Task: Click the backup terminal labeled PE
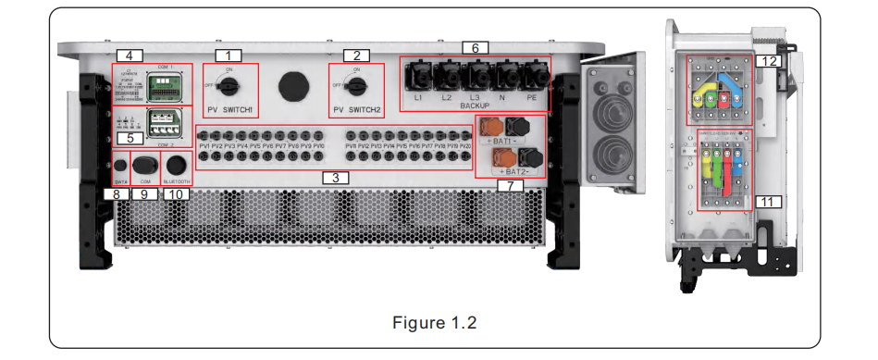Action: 534,77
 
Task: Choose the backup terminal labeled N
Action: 505,77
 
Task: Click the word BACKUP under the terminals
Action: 474,107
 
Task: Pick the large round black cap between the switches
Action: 293,82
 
